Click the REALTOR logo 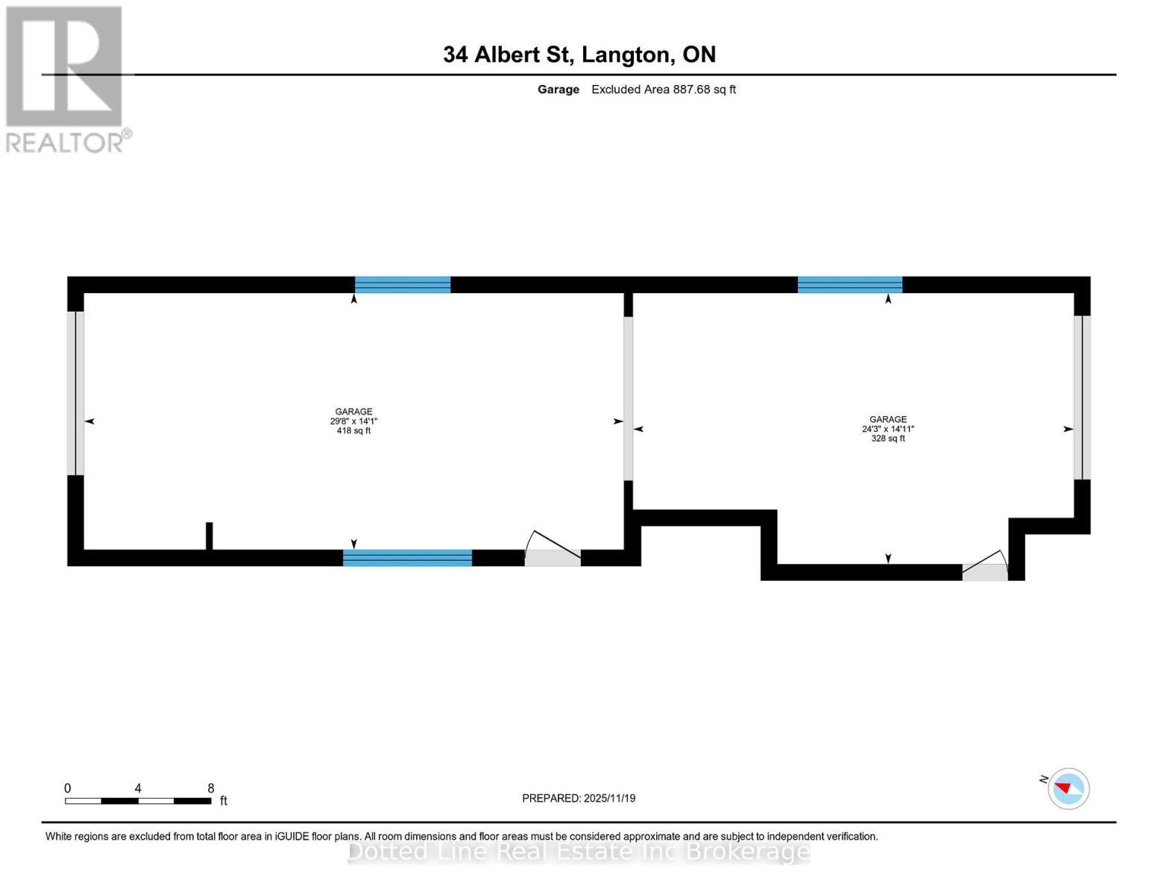66,79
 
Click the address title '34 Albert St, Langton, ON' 579,54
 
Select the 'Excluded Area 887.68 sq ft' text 663,89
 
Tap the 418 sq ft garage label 353,421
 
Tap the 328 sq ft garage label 887,429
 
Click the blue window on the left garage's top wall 403,285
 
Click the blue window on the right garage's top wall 849,285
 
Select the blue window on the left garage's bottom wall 407,558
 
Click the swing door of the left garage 553,552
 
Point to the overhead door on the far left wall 75,393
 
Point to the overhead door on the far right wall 1082,398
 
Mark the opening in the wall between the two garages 629,398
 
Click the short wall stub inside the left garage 210,536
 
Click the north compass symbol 1068,788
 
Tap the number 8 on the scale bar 211,788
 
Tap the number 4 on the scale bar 138,788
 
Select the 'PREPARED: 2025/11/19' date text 579,798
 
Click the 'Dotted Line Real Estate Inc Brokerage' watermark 579,852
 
